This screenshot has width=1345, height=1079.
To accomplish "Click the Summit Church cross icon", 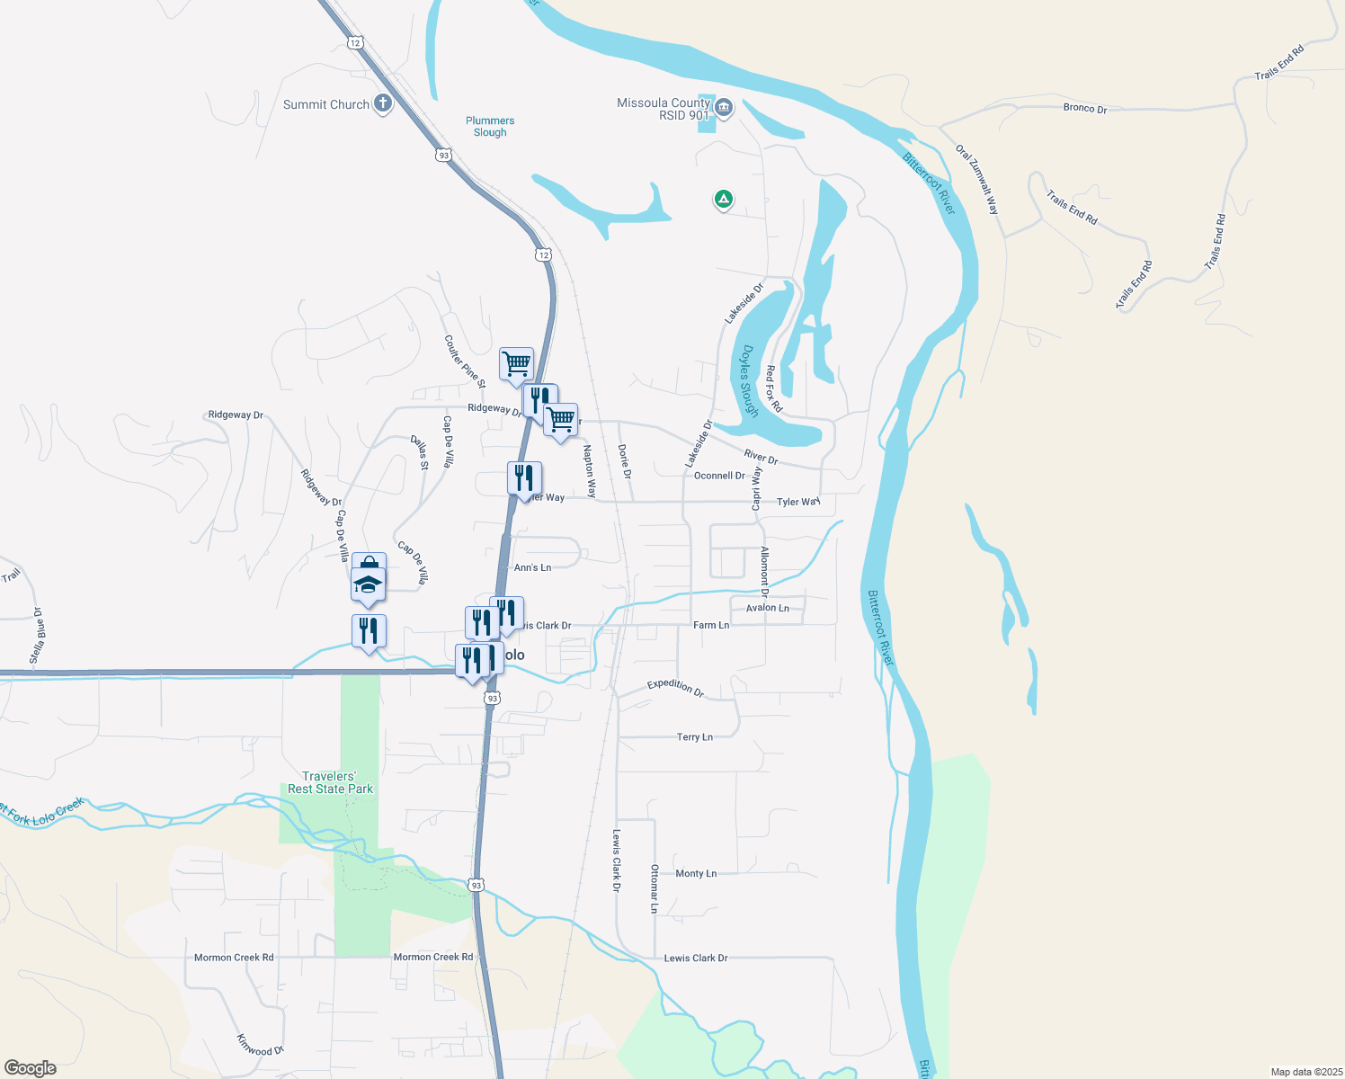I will point(383,103).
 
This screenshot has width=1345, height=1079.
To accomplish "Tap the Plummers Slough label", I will point(490,127).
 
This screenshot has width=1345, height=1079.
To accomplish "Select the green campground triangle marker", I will point(723,199).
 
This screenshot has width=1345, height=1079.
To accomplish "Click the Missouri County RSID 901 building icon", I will point(724,110).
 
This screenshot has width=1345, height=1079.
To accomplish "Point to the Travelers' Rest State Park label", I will point(330,782).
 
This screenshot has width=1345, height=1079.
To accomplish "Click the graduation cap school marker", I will point(368,584).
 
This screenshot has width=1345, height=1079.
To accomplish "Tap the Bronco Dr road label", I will point(1085,108).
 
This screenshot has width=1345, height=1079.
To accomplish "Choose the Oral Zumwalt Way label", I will point(977,179).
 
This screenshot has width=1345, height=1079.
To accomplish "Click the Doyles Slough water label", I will point(750,381).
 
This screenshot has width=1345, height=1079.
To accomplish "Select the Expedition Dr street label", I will point(675,687).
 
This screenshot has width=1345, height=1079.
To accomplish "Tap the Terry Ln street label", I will point(694,737).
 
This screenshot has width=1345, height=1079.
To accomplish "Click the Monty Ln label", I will point(696,873).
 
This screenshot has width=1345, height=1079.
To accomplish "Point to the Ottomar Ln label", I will point(655,888).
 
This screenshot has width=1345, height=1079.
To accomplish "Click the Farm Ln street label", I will point(711,625).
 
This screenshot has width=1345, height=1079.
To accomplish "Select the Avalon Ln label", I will point(767,608).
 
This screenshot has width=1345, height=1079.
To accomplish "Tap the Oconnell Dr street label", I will point(719,476).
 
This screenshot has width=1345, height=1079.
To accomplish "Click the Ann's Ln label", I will point(532,567).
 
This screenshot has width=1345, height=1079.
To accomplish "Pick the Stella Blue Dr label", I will point(37,636).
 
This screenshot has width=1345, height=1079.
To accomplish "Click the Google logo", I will point(31,1068).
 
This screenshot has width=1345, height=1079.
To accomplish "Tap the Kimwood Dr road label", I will point(260,1045).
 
